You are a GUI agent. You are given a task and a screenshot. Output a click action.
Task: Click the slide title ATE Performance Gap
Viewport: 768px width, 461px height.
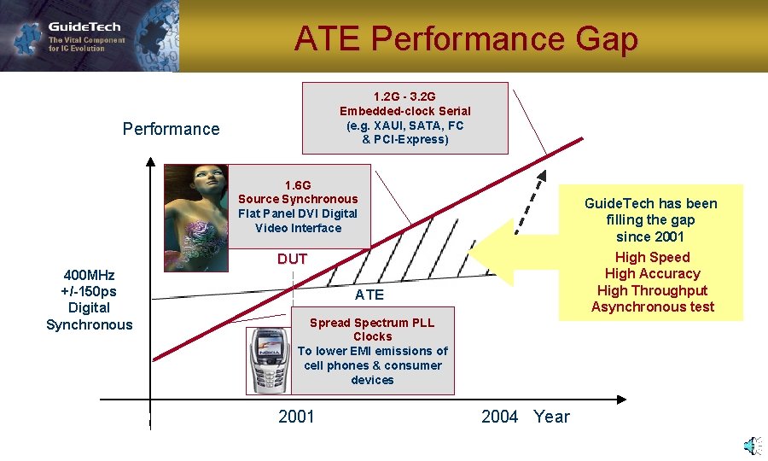click(466, 39)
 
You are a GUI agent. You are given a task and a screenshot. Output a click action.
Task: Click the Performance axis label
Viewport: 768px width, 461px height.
click(171, 129)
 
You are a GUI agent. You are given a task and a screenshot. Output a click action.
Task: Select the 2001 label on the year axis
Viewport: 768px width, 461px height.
click(296, 417)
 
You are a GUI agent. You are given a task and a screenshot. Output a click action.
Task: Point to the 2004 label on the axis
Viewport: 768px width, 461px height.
click(499, 417)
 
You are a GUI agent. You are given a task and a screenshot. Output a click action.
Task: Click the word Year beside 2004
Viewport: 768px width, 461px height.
click(551, 417)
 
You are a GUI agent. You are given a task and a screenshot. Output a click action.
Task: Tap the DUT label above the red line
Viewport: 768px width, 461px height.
click(292, 259)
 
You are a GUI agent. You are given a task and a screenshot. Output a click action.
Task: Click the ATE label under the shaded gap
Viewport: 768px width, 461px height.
click(369, 295)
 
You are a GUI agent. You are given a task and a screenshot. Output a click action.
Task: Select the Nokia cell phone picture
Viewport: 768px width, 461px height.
click(268, 359)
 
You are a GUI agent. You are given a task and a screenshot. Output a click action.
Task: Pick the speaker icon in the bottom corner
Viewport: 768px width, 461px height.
click(750, 446)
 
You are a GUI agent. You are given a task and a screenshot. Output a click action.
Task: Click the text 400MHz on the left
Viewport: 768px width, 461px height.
click(90, 275)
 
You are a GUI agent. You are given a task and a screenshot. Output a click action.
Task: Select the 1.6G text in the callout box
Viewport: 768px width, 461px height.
click(298, 184)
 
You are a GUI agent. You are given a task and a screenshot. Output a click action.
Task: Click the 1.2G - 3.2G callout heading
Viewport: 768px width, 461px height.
click(404, 96)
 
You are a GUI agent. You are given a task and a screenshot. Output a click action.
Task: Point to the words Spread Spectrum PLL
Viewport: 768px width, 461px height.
click(372, 323)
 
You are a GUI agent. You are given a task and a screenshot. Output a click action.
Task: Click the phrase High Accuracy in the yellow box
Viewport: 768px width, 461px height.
click(652, 273)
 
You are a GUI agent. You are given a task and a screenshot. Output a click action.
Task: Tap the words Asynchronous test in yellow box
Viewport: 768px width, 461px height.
click(652, 306)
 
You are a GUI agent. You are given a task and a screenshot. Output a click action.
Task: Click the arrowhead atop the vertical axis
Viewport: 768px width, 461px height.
click(150, 161)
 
